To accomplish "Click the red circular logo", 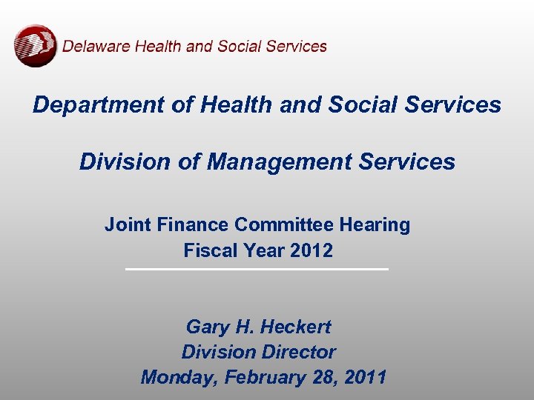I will (x=35, y=46).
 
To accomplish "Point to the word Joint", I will (x=128, y=224).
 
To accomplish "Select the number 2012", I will (x=311, y=250).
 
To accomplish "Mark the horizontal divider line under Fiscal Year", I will (x=257, y=269).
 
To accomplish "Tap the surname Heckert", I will (x=294, y=327).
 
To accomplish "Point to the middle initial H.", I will (x=243, y=327).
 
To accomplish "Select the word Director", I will (x=294, y=352).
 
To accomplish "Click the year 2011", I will (x=366, y=377).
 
